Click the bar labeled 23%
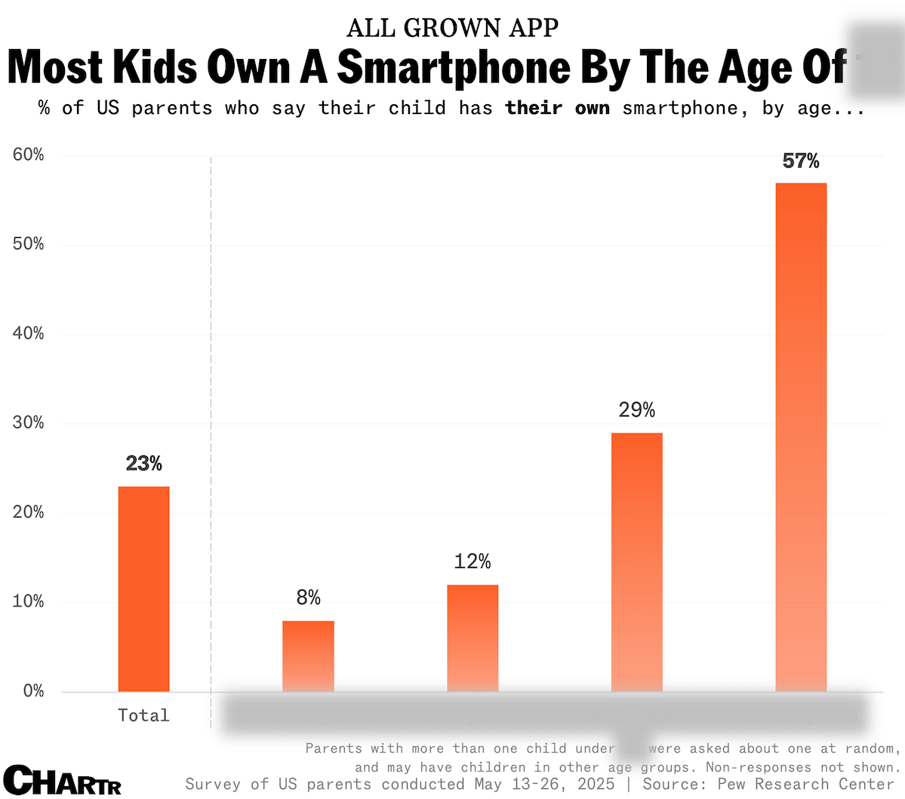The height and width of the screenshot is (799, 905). click(143, 589)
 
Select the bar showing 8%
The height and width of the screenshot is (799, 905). click(308, 656)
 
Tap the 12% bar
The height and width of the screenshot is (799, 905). click(473, 638)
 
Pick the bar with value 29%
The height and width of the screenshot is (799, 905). click(636, 562)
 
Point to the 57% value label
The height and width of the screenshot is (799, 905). click(801, 161)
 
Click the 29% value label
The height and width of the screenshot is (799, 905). click(636, 410)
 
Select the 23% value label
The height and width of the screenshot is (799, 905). click(143, 463)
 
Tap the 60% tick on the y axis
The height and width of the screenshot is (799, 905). click(29, 155)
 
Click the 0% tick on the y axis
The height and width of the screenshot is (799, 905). click(33, 691)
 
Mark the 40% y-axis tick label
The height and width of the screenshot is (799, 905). click(29, 334)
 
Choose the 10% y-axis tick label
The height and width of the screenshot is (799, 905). click(29, 602)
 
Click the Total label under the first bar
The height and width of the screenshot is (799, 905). click(143, 715)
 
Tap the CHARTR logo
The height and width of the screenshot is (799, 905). click(63, 780)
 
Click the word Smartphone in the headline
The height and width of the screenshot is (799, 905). click(454, 66)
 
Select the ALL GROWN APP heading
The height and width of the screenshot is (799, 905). click(453, 28)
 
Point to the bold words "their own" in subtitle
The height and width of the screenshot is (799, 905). click(558, 108)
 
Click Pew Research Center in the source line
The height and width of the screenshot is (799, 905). click(806, 785)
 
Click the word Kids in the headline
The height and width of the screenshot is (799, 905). click(155, 66)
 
